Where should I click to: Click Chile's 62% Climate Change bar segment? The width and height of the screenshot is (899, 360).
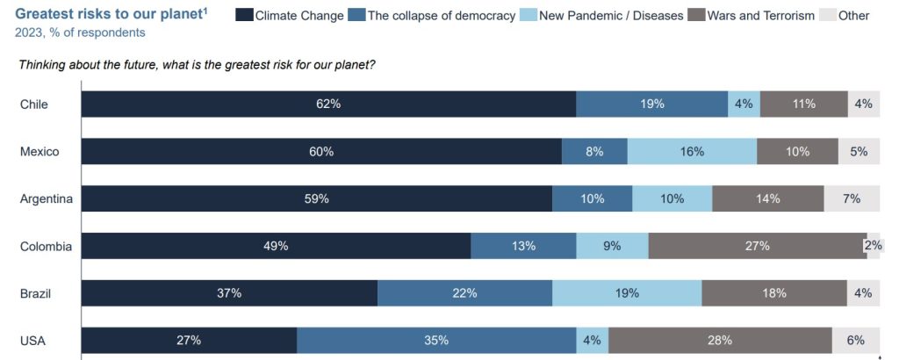coord(328,104)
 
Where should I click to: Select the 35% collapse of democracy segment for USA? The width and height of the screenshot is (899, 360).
coord(436,341)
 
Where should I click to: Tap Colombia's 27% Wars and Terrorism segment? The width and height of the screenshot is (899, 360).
coord(757,246)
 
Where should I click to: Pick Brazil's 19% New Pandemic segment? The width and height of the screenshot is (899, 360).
coord(627,293)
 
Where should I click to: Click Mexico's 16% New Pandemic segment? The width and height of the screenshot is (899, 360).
coord(692,151)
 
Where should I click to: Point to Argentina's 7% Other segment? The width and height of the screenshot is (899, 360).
coord(851,198)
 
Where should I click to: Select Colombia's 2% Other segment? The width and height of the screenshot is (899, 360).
coord(874,246)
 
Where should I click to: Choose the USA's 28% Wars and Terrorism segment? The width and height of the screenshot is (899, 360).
coord(720,341)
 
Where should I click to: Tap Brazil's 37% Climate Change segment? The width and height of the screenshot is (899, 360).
coord(229,293)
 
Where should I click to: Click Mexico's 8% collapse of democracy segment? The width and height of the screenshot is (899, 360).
coord(594,151)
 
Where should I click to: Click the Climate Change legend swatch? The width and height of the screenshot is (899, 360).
coord(244,15)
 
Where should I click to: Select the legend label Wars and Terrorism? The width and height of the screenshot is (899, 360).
coord(761,16)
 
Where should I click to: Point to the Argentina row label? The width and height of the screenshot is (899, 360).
coord(46,198)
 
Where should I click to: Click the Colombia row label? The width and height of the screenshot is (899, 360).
coord(46,246)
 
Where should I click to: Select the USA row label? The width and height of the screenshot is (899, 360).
coord(32,341)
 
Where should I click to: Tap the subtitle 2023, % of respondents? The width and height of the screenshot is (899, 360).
coord(80,32)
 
